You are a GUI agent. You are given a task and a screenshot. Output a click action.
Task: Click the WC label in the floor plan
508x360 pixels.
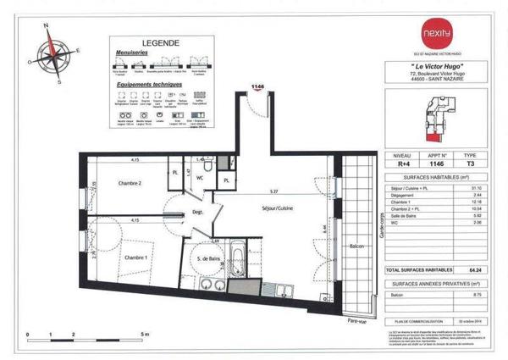pos(200,179)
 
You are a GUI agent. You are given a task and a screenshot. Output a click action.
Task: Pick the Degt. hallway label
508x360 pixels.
pos(194,212)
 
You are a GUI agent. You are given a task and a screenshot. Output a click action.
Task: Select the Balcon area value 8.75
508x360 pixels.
pos(478,295)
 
